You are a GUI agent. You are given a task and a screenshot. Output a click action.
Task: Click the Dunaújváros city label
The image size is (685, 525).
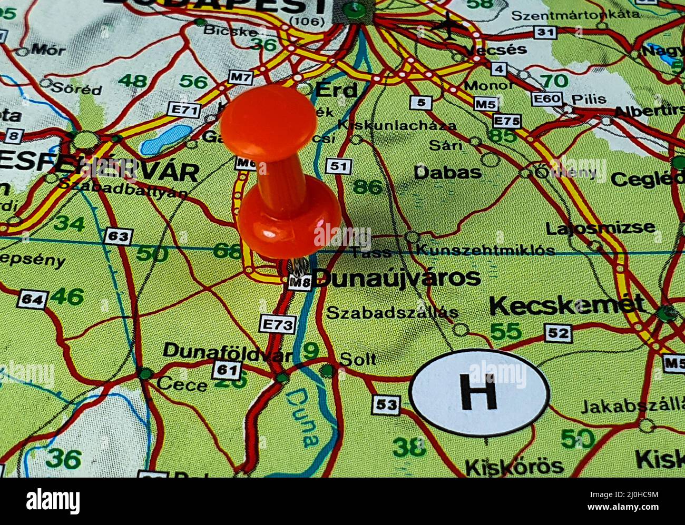[x=396, y=278]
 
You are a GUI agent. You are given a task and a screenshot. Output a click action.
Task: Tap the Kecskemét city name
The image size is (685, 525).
[x=567, y=305]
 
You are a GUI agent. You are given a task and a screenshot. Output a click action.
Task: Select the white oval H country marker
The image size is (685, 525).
[x=479, y=392]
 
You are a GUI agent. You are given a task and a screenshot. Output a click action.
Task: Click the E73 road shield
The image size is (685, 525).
[x=278, y=324]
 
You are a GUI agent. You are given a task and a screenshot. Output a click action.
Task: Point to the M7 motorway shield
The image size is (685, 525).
[x=241, y=77]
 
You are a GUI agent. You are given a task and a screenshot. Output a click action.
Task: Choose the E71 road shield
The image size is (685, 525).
[x=184, y=110]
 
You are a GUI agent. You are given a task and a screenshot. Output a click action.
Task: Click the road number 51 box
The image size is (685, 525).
[x=338, y=166]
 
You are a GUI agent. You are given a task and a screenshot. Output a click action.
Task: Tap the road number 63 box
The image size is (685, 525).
[x=118, y=236]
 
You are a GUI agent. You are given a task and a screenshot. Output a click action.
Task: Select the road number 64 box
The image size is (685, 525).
[x=32, y=300]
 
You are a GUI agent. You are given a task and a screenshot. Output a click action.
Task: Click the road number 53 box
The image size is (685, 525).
[x=386, y=405]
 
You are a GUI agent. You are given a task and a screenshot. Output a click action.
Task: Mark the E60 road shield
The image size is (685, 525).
[x=547, y=98]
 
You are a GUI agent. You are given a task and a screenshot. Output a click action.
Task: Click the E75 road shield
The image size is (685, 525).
[x=506, y=121]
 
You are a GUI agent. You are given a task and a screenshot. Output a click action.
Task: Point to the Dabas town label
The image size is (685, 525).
[x=447, y=172]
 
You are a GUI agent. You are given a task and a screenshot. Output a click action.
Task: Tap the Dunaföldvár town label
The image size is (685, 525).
[x=227, y=351]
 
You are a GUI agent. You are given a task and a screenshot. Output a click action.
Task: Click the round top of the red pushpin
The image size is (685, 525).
[x=268, y=123]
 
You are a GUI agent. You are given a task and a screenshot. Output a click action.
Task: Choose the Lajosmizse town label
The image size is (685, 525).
[x=600, y=228]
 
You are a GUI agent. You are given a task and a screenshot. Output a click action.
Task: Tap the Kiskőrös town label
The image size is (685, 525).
[x=514, y=466]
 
